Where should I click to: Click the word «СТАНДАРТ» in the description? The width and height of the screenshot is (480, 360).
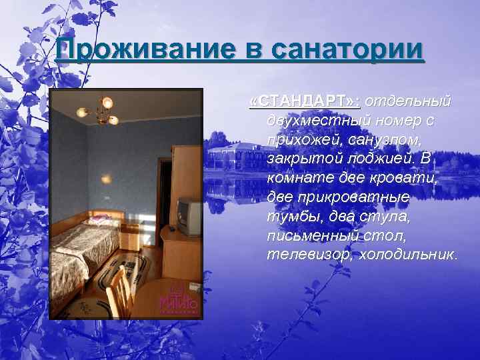[304, 101]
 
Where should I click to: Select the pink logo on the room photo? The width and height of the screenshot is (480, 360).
[178, 299]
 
